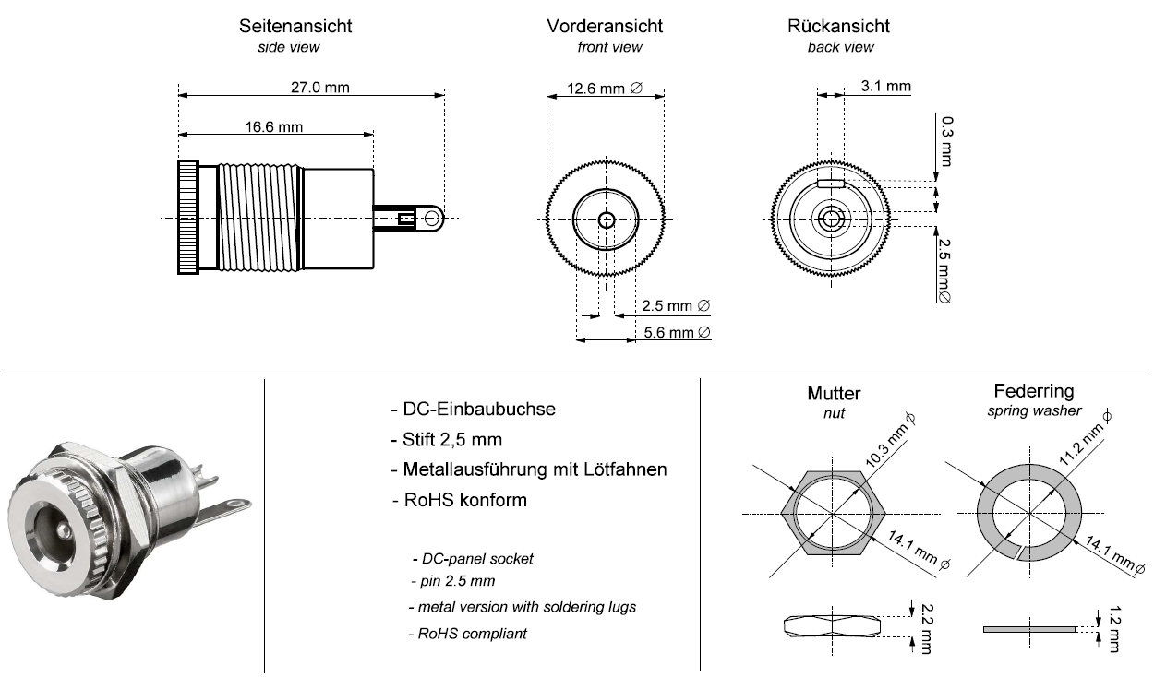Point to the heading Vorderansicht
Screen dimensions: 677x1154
click(x=605, y=26)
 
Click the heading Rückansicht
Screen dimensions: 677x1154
click(x=839, y=26)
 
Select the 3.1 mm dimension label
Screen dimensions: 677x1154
click(x=884, y=87)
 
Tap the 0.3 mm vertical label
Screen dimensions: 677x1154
click(x=947, y=137)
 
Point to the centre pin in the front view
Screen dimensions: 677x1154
click(x=606, y=220)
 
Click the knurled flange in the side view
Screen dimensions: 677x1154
click(x=188, y=218)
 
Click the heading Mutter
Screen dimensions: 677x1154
click(x=834, y=394)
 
